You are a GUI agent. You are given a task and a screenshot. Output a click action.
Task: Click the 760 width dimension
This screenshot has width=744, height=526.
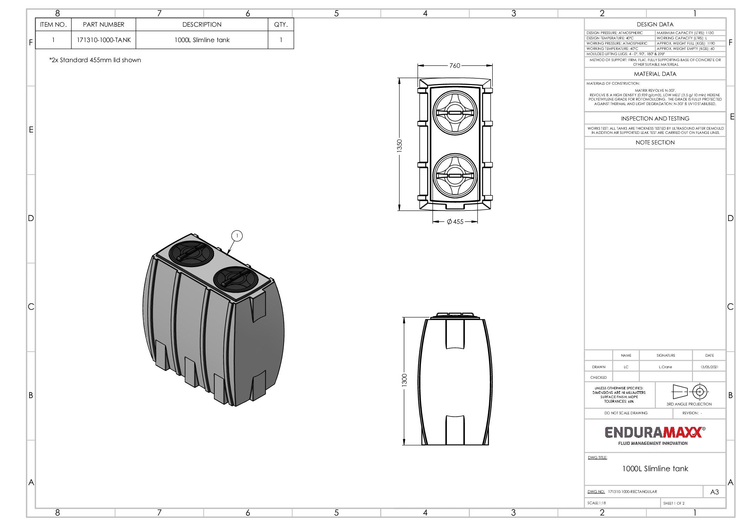[x=454, y=66]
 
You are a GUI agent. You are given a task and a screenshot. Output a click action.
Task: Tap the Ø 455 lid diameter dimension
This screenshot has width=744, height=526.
[x=455, y=222]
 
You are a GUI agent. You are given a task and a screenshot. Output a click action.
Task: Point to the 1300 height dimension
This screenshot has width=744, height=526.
[x=404, y=380]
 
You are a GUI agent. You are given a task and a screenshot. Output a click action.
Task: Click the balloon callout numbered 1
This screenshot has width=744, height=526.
[x=237, y=236]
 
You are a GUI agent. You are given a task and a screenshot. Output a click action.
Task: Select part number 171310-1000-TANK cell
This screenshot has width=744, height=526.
[x=104, y=40]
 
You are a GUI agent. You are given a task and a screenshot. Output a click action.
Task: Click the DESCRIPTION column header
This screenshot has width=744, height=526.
[x=202, y=25]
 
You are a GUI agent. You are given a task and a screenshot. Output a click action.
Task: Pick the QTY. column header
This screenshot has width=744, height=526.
[x=280, y=25]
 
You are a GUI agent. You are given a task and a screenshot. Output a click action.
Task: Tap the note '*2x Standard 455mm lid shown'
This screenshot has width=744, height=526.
[x=95, y=60]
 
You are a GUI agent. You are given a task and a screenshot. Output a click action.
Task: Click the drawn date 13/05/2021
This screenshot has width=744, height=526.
[x=709, y=367]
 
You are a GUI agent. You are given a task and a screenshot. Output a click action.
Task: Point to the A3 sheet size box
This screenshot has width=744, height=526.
[x=714, y=492]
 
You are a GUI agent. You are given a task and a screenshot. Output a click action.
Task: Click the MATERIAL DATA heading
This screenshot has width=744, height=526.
[x=655, y=74]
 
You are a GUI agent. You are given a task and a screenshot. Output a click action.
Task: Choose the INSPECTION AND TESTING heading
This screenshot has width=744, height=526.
[x=655, y=119]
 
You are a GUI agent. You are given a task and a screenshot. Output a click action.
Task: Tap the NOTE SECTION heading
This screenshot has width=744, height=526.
[x=655, y=143]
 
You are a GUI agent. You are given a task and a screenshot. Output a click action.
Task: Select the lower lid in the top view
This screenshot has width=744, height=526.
[x=455, y=175]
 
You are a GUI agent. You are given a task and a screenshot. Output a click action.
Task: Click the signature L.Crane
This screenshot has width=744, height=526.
[x=665, y=367]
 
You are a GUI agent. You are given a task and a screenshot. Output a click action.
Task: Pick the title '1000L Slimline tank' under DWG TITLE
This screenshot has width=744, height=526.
[x=655, y=469]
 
